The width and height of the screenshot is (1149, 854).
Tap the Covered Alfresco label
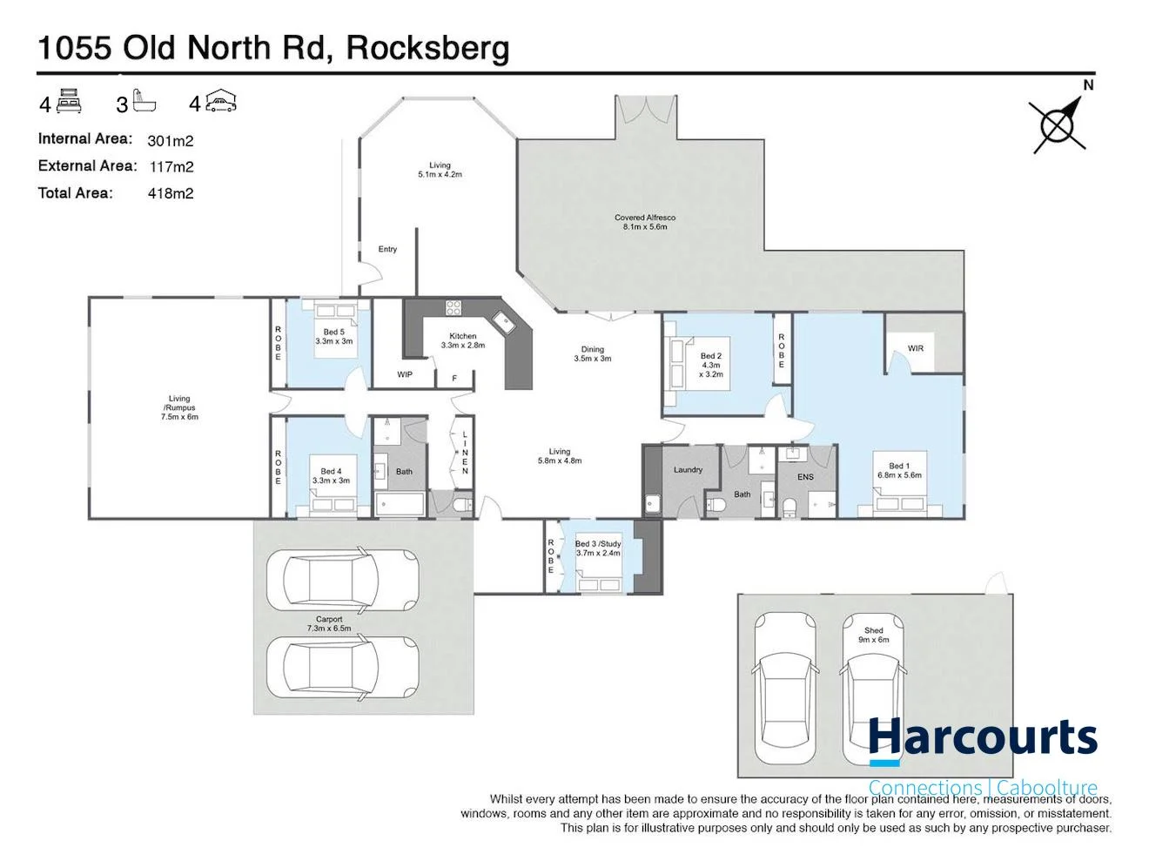click(x=644, y=218)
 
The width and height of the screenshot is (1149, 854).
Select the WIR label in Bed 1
click(x=915, y=348)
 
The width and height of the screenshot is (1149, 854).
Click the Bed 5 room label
click(x=333, y=332)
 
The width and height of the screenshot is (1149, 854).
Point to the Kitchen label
click(x=462, y=336)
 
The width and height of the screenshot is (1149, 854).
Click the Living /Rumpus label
click(x=179, y=403)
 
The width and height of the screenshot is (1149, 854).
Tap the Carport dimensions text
click(x=329, y=628)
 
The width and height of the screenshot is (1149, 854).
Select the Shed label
click(x=873, y=630)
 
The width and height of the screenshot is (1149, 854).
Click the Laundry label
click(x=688, y=470)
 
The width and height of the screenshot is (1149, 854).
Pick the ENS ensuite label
click(x=805, y=477)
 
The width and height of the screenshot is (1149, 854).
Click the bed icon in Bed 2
click(x=676, y=365)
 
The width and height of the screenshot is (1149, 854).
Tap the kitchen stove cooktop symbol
click(x=454, y=307)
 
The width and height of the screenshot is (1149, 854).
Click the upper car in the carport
click(x=341, y=581)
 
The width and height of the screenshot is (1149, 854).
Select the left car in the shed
click(x=784, y=688)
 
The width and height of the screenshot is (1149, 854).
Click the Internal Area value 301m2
click(x=170, y=140)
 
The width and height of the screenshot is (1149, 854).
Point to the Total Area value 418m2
click(x=170, y=193)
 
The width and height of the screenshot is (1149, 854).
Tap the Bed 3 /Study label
click(x=598, y=544)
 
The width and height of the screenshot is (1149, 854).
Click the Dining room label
click(x=592, y=349)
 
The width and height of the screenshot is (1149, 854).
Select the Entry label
click(x=387, y=249)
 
